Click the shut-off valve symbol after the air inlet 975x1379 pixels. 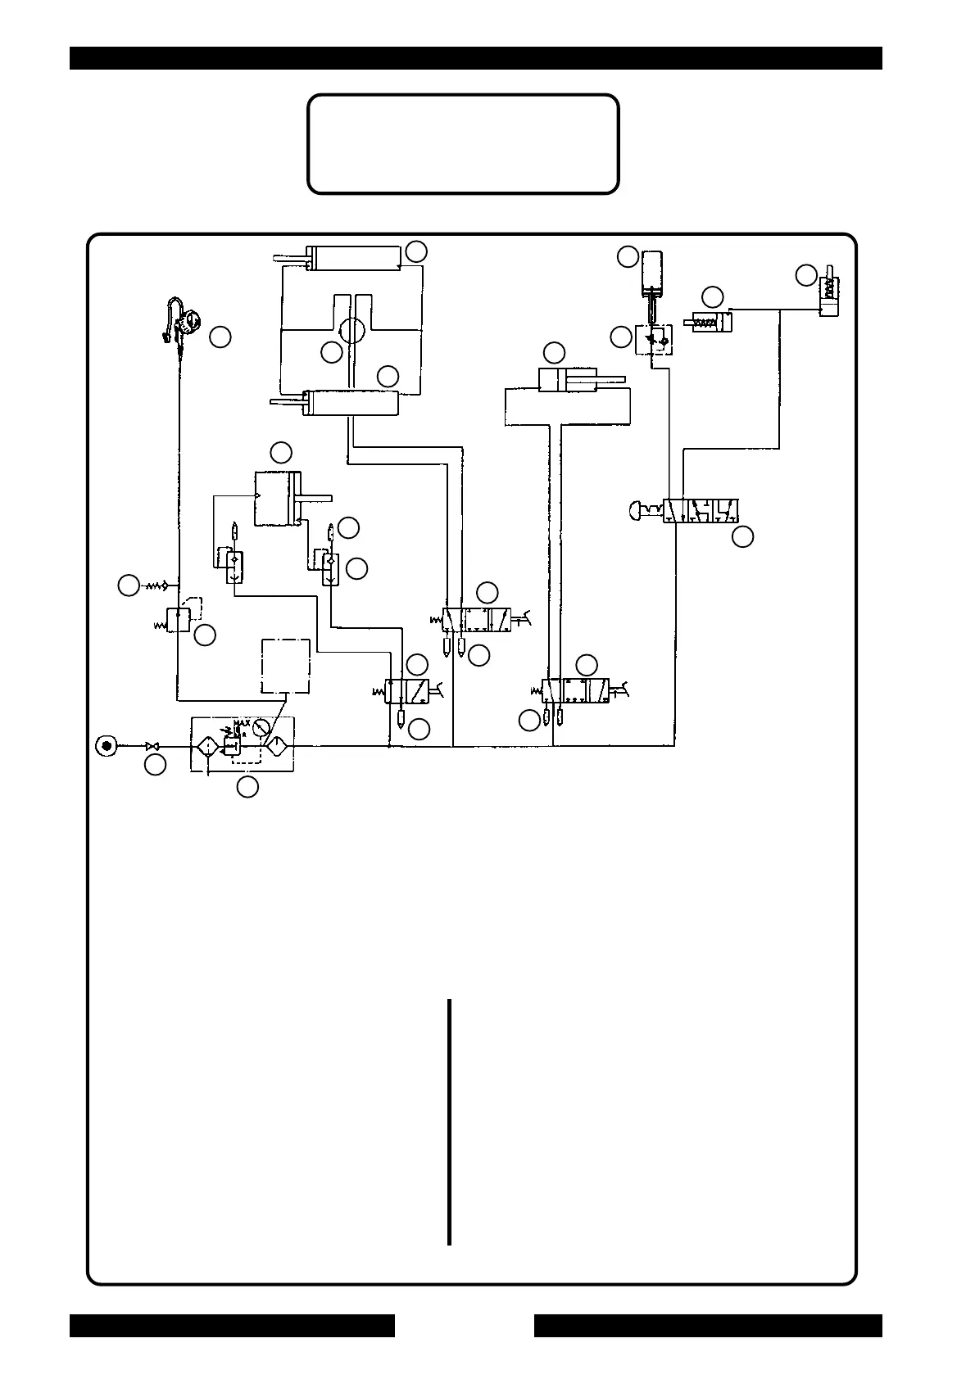tap(152, 746)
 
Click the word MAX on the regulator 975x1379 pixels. tap(241, 723)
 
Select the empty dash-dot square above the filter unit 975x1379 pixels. tap(285, 666)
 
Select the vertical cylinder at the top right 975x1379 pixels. tap(653, 271)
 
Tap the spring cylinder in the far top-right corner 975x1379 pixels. tap(828, 294)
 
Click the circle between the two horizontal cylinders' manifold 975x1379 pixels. tap(355, 332)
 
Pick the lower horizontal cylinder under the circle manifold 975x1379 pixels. tap(350, 403)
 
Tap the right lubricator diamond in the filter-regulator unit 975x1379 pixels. tap(277, 746)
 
